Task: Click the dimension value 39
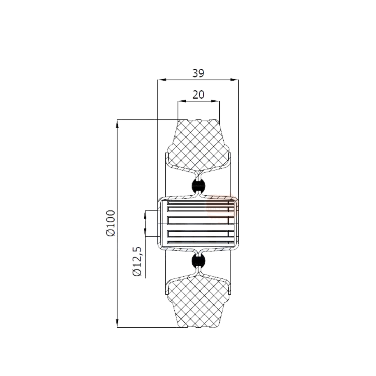coord(198,73)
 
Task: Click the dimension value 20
coord(198,94)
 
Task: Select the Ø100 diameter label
coord(111,223)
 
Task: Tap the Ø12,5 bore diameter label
coord(137,261)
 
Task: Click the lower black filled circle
coord(199,261)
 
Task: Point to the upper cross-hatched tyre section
coord(199,146)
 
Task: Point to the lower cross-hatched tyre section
coord(199,302)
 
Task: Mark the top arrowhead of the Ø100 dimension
coord(117,124)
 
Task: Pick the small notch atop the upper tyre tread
coord(199,120)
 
